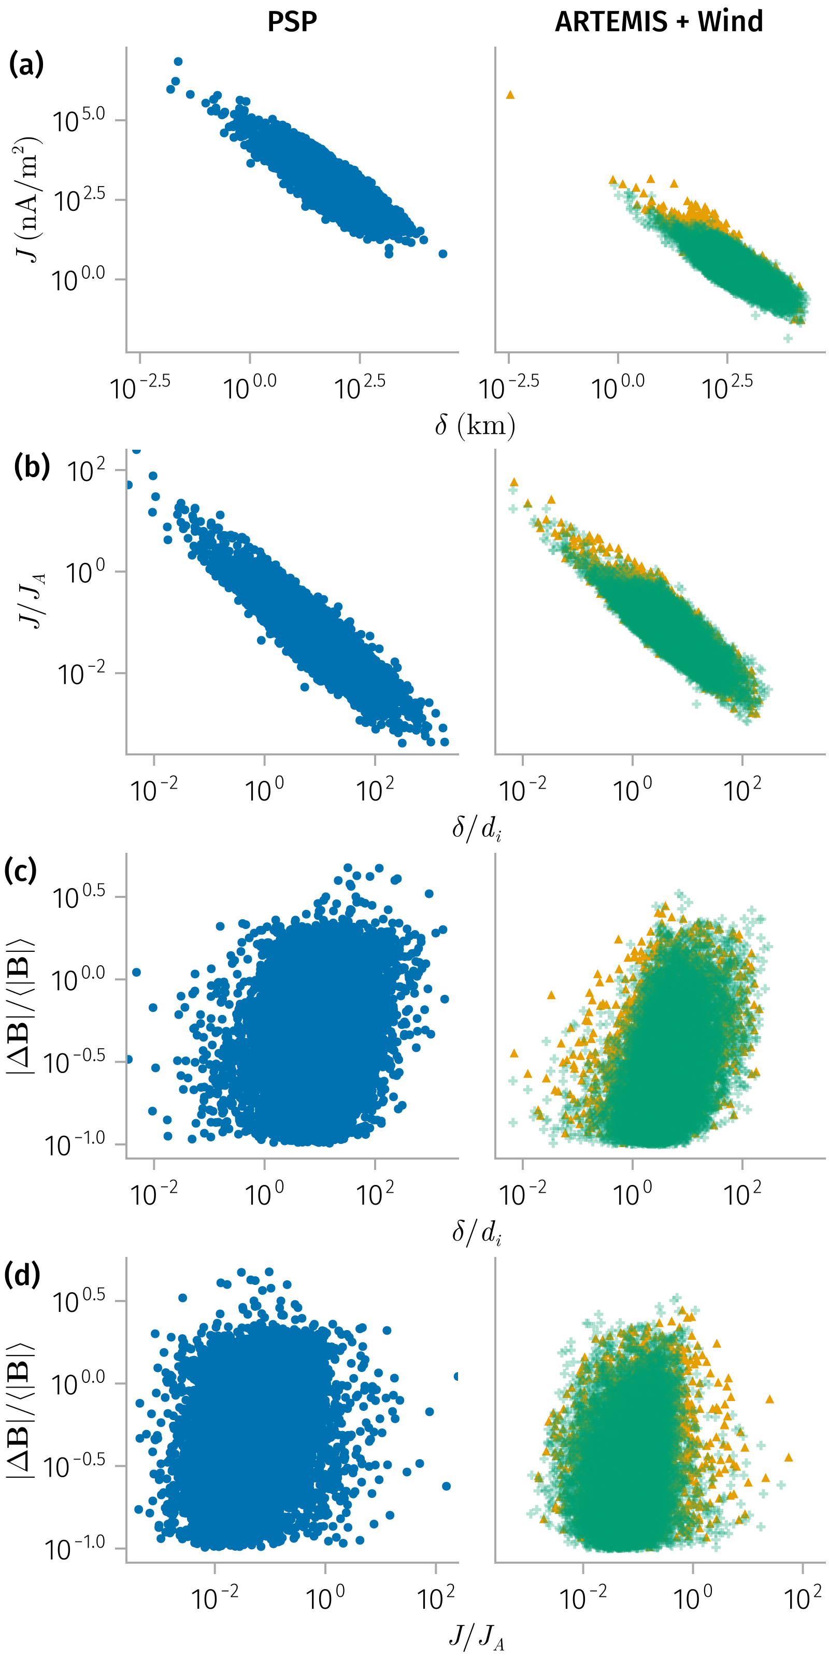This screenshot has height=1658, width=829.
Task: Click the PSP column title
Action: click(x=292, y=22)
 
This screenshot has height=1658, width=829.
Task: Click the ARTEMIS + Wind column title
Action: click(x=659, y=22)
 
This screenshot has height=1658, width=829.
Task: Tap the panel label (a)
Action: click(x=26, y=64)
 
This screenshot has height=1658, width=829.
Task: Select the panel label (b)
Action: click(x=32, y=467)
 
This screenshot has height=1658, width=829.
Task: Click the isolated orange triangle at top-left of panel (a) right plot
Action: click(x=510, y=95)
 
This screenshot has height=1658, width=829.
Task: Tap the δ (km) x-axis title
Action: click(x=475, y=425)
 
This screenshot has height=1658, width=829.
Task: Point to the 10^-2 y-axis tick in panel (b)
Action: click(x=81, y=673)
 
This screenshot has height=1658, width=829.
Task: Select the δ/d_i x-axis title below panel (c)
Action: click(x=476, y=1233)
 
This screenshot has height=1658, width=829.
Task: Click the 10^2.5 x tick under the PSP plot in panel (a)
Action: click(x=360, y=388)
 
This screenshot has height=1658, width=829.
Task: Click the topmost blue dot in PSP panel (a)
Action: click(x=178, y=62)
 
